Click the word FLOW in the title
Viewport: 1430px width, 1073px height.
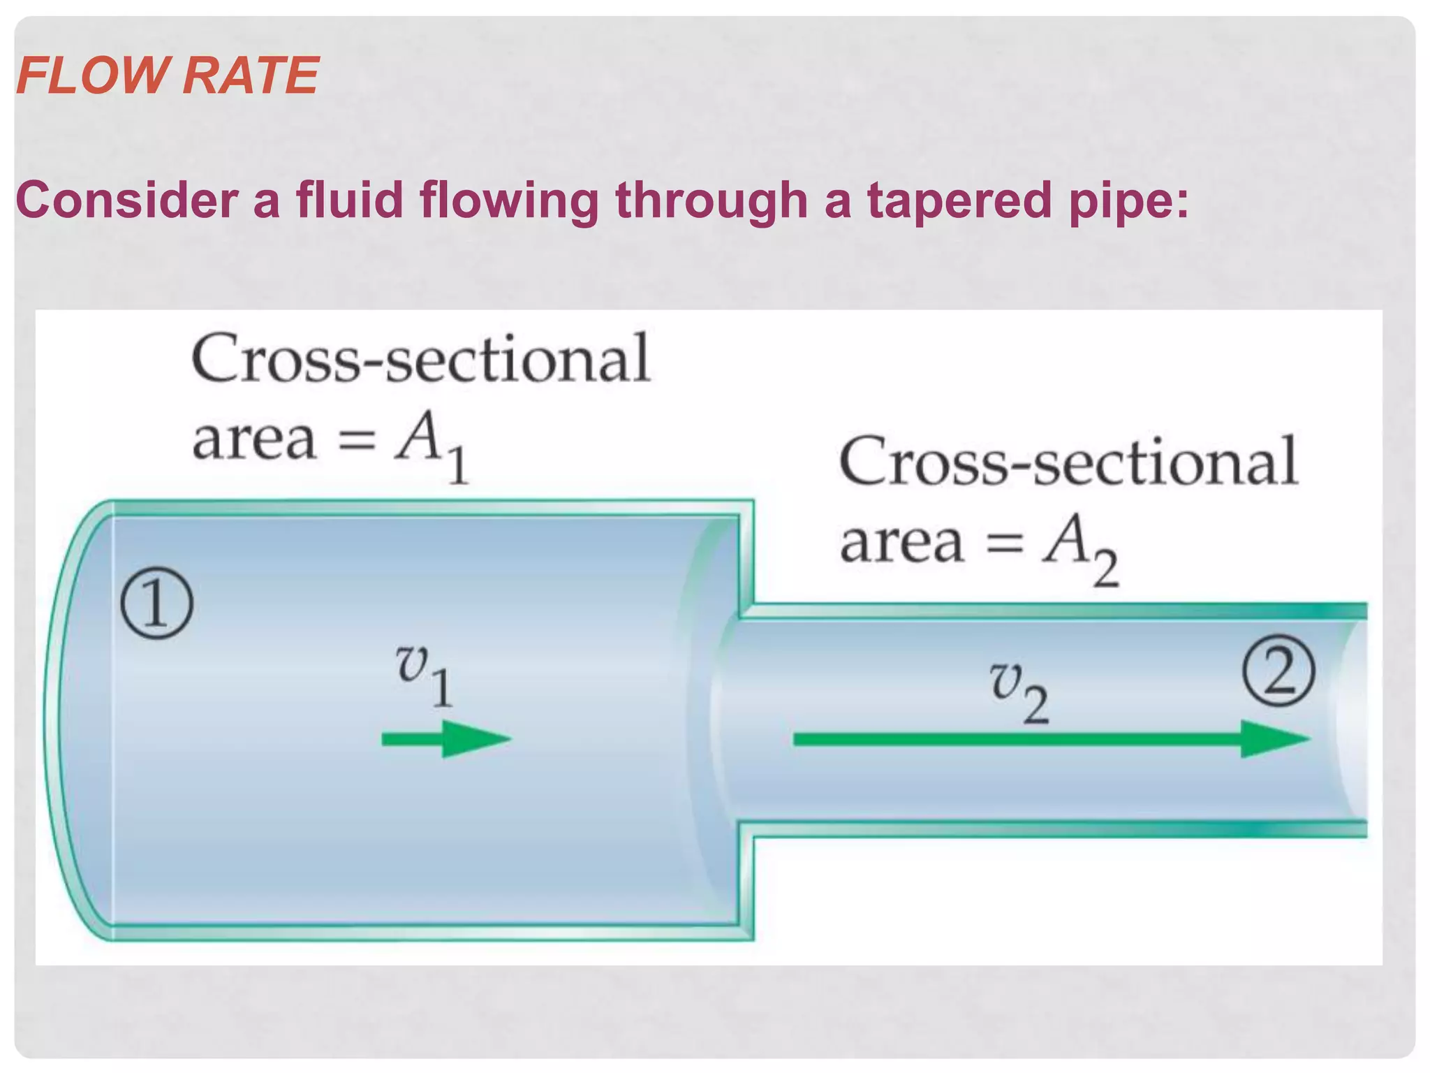[91, 75]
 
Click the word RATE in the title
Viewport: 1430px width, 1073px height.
[251, 75]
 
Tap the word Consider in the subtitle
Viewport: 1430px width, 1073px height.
[126, 200]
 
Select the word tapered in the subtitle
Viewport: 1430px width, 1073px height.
[959, 201]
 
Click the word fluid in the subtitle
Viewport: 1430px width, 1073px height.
[350, 200]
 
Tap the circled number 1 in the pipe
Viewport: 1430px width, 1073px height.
[156, 604]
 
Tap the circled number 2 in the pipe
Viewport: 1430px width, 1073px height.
[1278, 672]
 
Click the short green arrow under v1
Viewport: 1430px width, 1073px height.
[446, 739]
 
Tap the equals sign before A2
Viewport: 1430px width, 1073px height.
[1003, 544]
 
